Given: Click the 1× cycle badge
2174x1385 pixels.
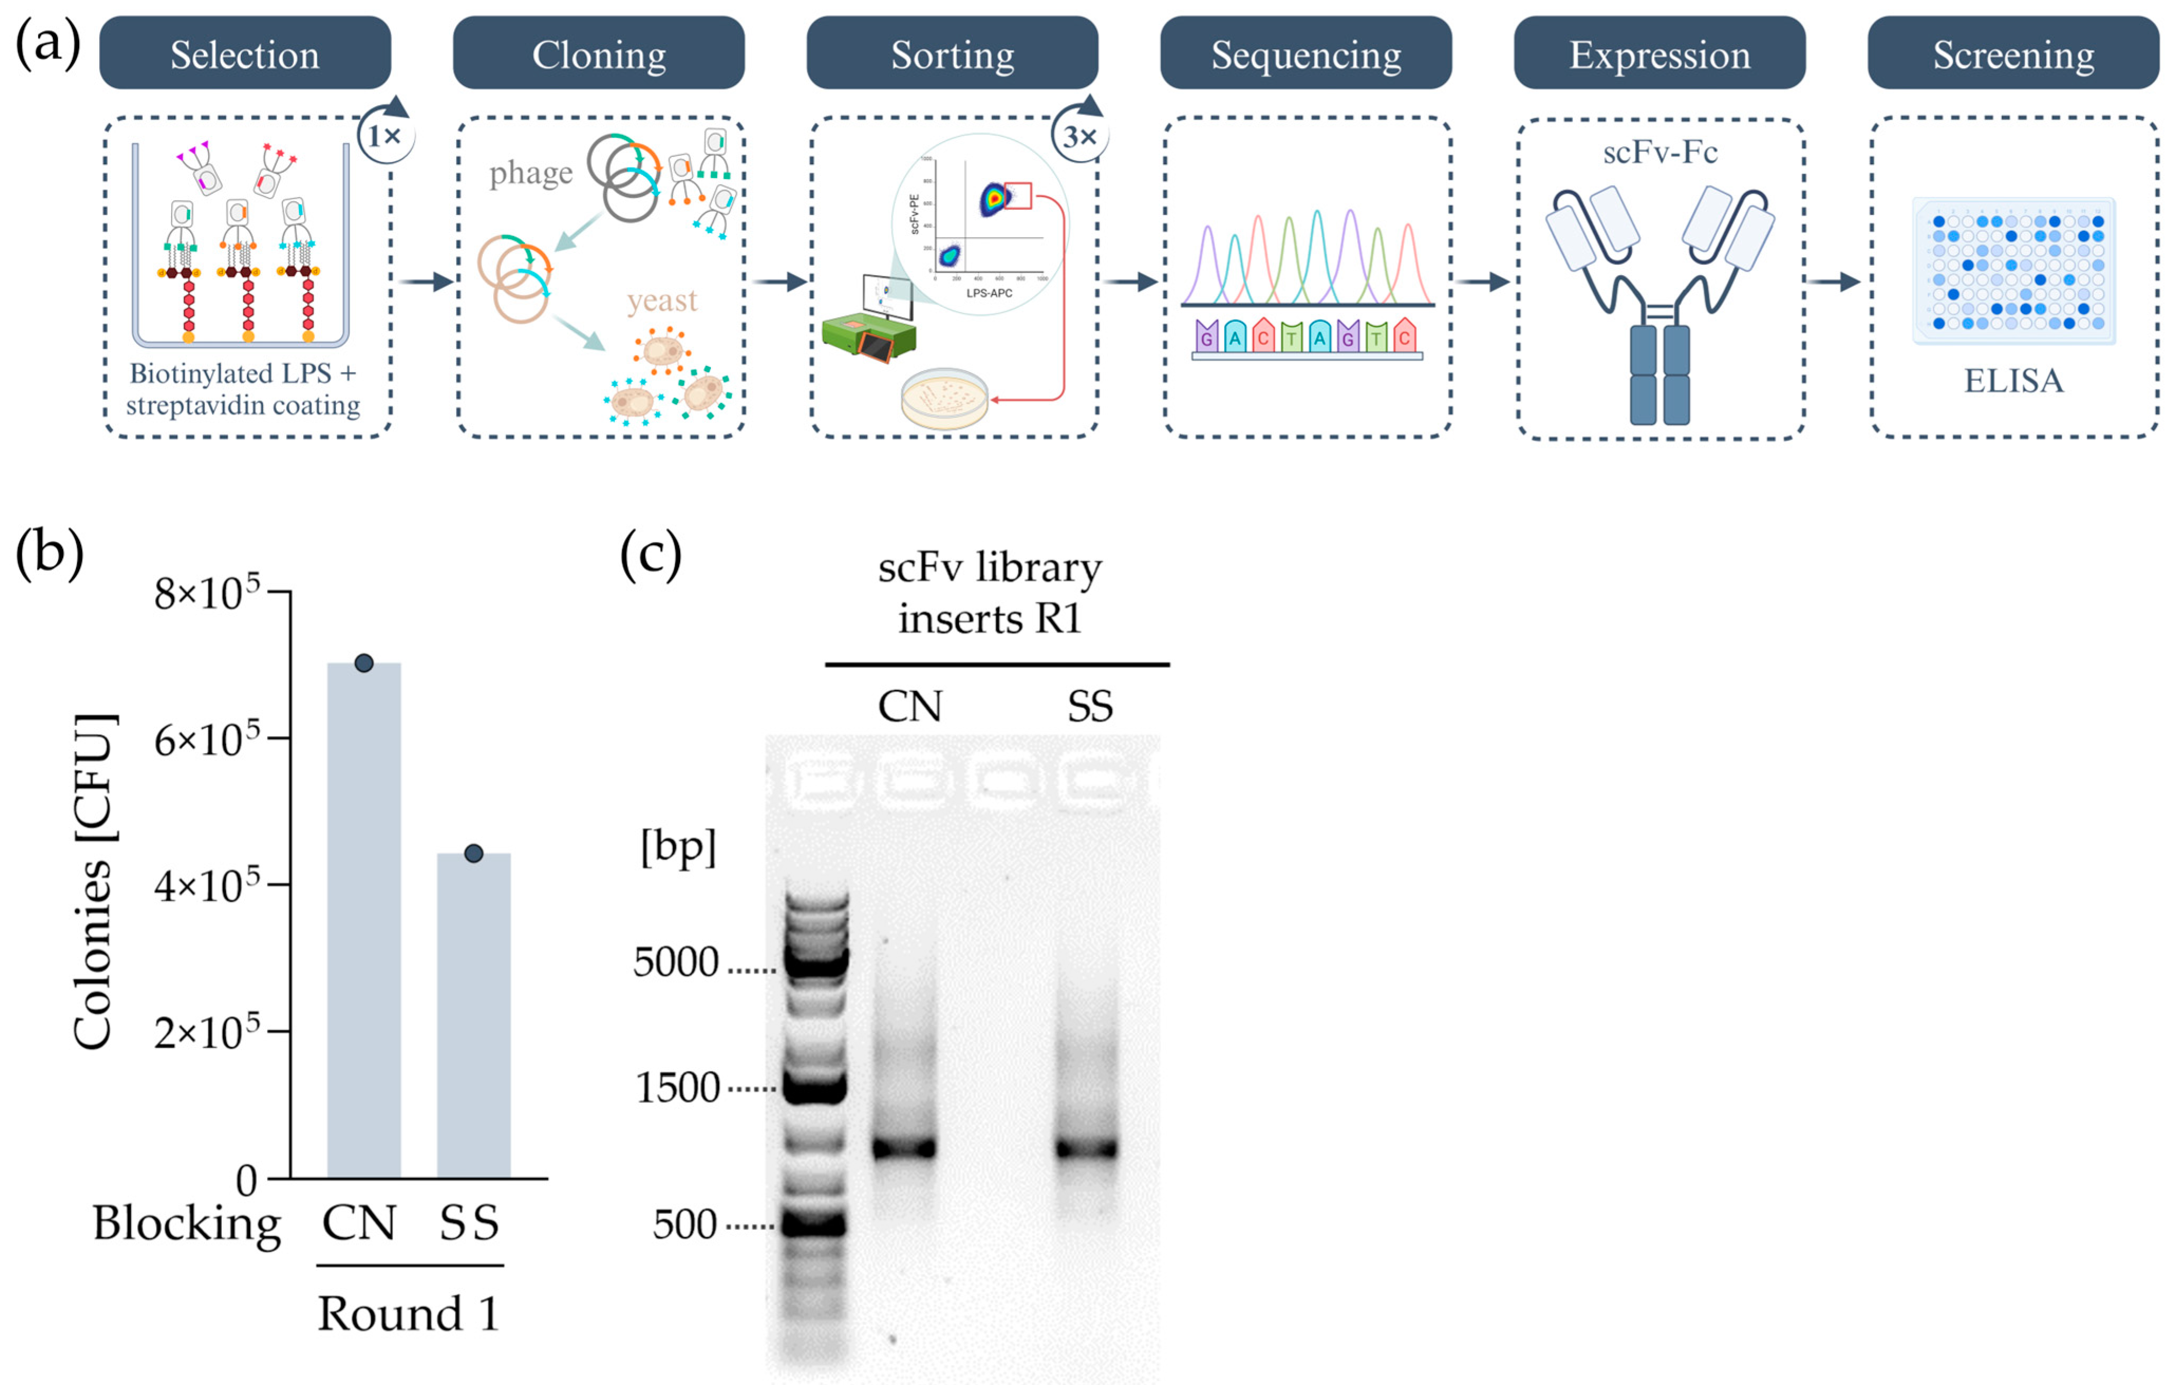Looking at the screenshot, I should (x=385, y=135).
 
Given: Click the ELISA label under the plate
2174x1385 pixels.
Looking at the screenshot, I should (x=2013, y=380).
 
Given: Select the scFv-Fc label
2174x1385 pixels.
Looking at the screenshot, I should (x=1659, y=152).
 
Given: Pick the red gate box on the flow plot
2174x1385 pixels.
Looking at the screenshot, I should (x=1018, y=195).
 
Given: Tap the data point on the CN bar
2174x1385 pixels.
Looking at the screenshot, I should (x=364, y=663).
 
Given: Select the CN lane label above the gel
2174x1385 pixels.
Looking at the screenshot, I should (x=909, y=706).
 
